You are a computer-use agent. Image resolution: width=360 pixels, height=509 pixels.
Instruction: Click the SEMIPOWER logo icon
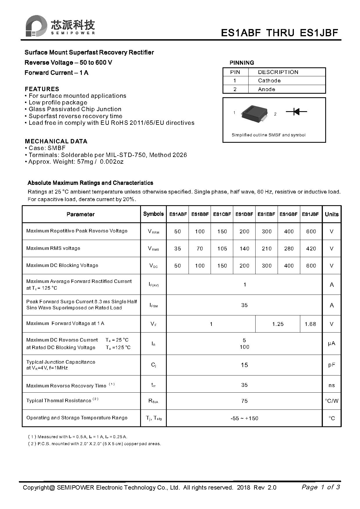click(36, 26)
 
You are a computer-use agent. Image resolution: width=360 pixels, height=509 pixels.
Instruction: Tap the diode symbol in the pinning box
click(296, 111)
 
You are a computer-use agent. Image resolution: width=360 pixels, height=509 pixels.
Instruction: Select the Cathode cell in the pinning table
click(269, 81)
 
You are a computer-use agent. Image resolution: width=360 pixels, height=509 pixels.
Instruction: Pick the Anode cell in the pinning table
click(266, 89)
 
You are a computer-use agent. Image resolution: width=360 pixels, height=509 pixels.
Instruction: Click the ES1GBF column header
click(288, 214)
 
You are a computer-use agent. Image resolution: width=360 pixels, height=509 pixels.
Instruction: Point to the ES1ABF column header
click(178, 214)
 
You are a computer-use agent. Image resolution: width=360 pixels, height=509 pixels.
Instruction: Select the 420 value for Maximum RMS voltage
click(311, 249)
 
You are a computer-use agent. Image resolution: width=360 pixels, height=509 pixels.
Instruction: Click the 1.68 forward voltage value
click(310, 324)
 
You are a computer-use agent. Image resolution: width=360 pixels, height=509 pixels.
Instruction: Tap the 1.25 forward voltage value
click(278, 324)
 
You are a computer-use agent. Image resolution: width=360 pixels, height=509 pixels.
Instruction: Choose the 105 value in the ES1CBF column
click(222, 249)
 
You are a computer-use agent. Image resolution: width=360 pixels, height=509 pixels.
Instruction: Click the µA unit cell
click(332, 344)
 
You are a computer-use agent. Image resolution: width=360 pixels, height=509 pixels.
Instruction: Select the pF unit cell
click(332, 365)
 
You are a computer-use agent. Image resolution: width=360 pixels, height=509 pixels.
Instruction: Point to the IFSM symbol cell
click(153, 305)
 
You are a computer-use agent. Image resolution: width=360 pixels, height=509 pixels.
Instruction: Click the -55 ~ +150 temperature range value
click(244, 418)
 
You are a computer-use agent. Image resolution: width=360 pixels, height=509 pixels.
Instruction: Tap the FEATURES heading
click(42, 89)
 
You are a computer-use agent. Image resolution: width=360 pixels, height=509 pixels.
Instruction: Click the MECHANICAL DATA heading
click(56, 141)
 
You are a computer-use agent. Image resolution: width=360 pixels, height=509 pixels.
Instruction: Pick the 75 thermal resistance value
click(244, 401)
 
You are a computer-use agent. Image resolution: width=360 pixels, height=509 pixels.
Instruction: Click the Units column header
click(332, 214)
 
